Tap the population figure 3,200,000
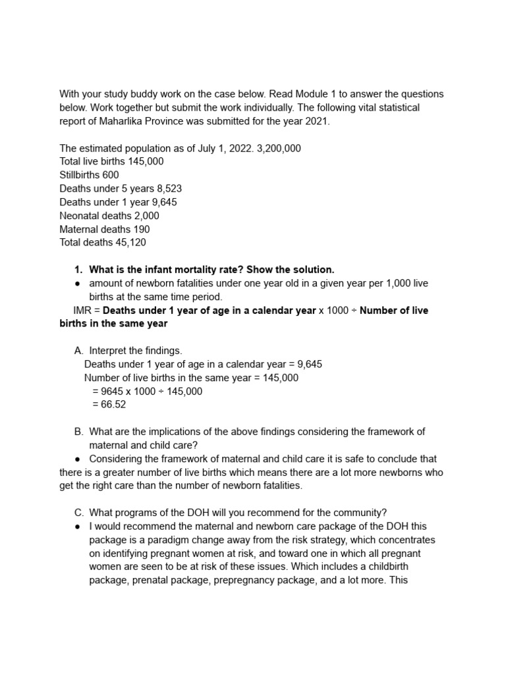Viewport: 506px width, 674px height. pos(273,148)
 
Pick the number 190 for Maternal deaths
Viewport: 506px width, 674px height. pos(142,229)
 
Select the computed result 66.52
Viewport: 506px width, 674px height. pos(109,405)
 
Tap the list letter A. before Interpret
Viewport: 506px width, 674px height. pos(79,351)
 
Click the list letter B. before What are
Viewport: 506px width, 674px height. pos(79,432)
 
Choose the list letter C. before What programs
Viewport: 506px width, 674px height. pos(79,513)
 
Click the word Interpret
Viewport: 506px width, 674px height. pos(109,351)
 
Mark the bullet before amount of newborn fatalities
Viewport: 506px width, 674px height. pos(78,283)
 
